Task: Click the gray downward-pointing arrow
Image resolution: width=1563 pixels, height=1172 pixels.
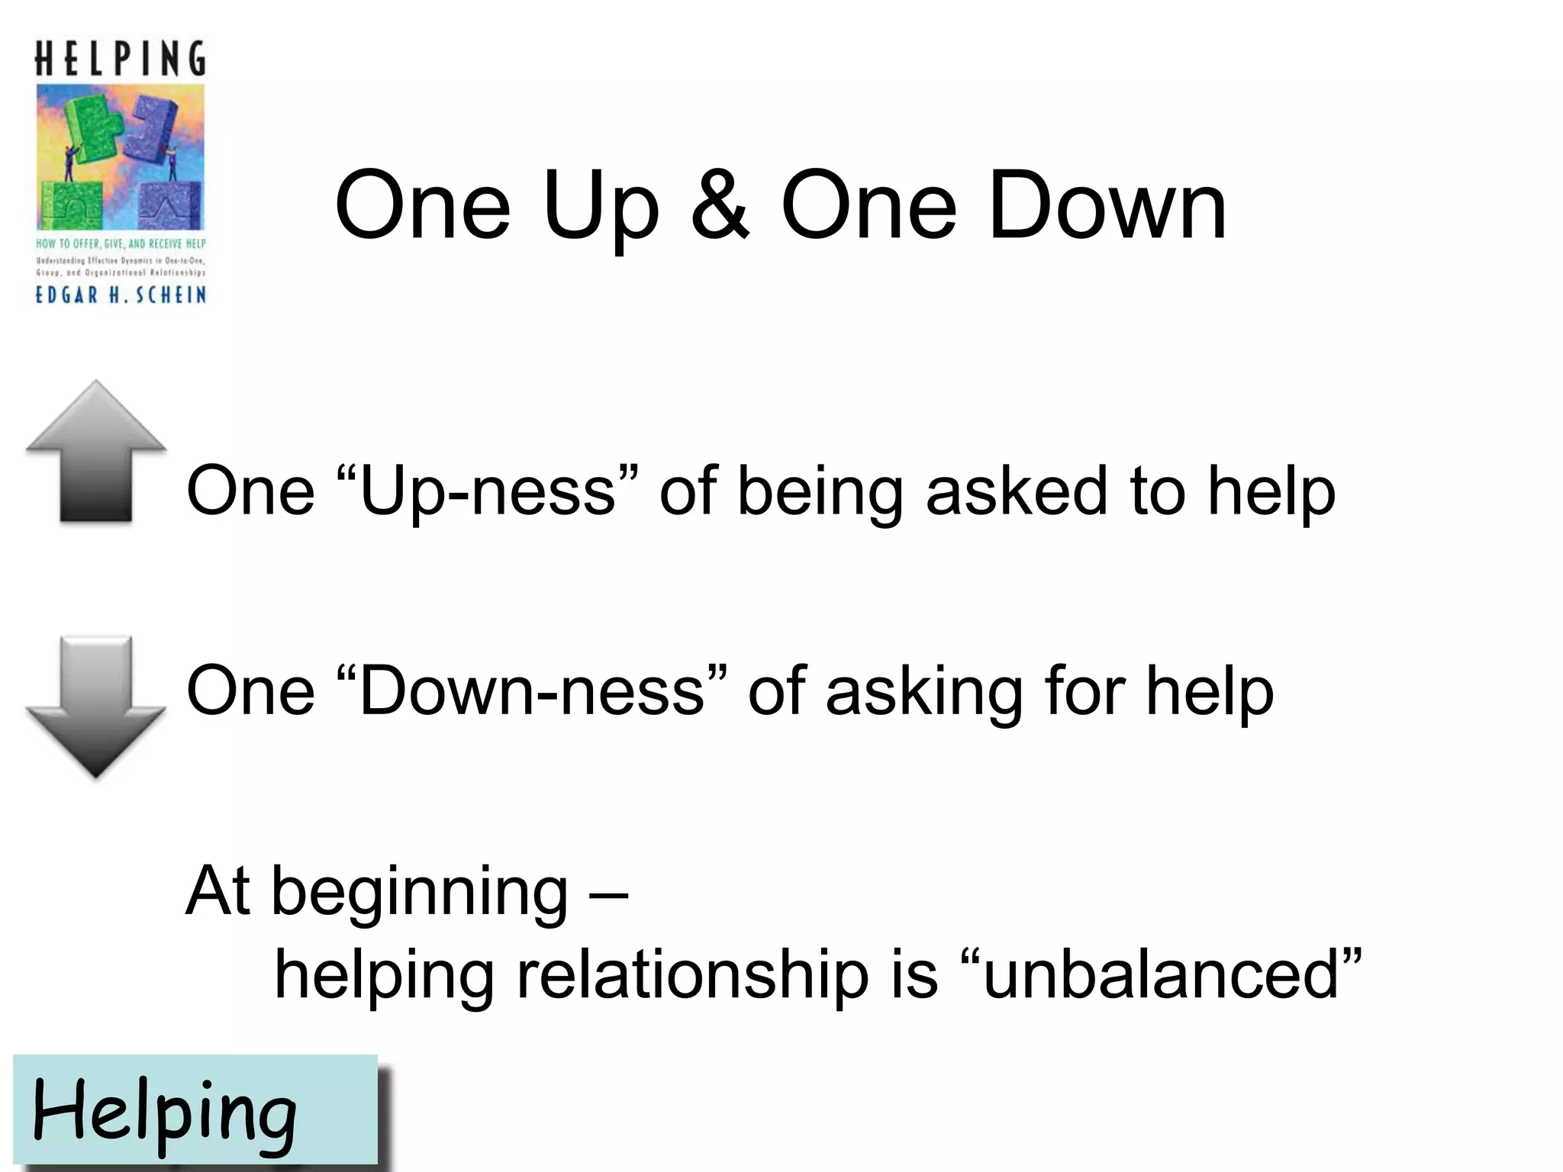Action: [x=96, y=706]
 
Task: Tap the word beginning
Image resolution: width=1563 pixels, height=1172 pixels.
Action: [x=419, y=893]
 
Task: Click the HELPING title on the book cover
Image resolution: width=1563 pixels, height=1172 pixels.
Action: [x=121, y=59]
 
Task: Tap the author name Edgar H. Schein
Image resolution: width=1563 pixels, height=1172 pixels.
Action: [x=121, y=295]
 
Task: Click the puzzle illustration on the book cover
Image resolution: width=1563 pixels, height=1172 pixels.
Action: [x=121, y=156]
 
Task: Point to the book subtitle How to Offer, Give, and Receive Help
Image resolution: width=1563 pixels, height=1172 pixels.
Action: [x=121, y=244]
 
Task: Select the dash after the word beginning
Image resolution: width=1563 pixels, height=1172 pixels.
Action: [x=608, y=893]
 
